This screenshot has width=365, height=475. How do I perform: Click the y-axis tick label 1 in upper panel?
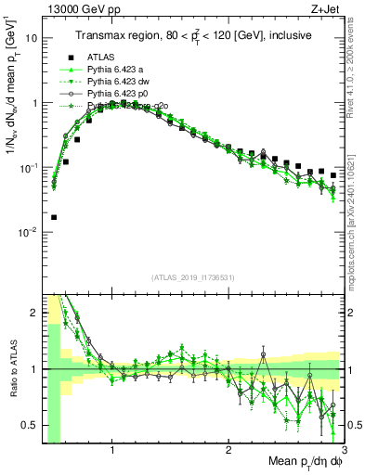pos(34,103)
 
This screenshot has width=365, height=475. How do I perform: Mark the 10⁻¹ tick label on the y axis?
pos(29,167)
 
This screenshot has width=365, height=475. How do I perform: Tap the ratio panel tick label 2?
pos(34,313)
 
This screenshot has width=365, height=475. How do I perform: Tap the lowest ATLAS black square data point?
pos(53,217)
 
